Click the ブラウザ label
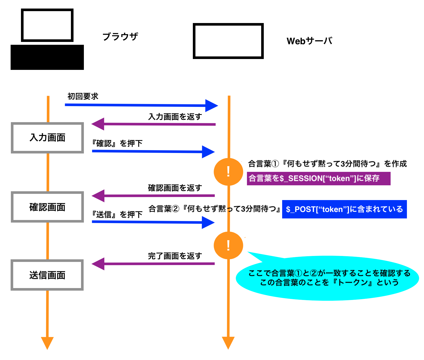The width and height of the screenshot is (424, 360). coord(120,37)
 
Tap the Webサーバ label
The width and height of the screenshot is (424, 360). coord(309,41)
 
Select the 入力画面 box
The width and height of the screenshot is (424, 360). coord(47,138)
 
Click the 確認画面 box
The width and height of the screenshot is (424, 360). coord(47,207)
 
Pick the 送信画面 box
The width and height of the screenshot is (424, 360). coord(47,275)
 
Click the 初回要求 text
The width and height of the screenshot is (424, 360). coord(83,96)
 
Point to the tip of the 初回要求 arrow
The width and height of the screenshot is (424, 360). coord(217,106)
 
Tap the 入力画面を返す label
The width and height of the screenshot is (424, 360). coord(175,117)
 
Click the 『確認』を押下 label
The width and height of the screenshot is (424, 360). coord(117,143)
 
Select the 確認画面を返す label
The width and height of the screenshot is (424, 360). coord(175,188)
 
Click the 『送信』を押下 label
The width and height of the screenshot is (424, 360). coord(117,214)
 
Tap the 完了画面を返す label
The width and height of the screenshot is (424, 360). coord(175,256)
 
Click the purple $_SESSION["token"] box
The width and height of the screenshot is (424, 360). coord(318,178)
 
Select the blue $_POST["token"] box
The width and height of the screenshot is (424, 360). coord(344,209)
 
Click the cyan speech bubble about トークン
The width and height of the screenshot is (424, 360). coord(329,278)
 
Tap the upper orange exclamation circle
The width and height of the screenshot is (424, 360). coord(228,172)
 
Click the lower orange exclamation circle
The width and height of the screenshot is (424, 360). coord(228,245)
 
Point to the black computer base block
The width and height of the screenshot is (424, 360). coord(47,57)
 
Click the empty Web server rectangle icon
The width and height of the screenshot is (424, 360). coord(228,41)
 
